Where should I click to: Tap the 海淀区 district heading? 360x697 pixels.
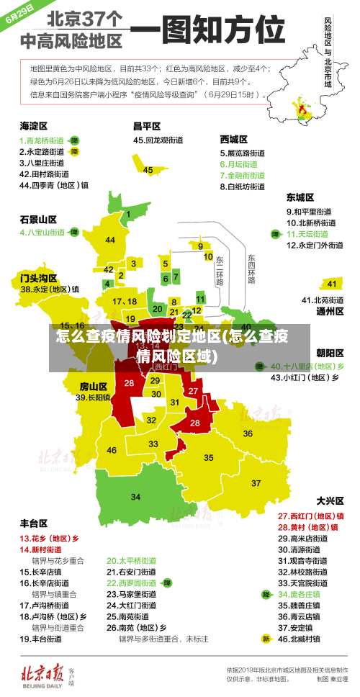coord(33,125)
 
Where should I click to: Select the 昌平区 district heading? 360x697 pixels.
coord(146,125)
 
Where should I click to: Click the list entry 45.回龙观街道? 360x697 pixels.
coord(158,140)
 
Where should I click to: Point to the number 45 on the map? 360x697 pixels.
coord(148,170)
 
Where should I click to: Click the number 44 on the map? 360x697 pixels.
coord(110,240)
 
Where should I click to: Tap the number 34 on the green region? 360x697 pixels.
coord(135,497)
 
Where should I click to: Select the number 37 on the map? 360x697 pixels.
coord(256,482)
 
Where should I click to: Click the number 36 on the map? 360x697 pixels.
coord(248,433)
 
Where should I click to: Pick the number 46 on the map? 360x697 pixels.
coord(112,450)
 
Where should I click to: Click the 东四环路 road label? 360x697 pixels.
coord(251,269)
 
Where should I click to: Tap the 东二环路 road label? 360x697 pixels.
coord(219,270)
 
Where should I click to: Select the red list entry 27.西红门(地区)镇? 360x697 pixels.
coord(310,516)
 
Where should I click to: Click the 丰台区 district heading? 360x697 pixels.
coord(33,523)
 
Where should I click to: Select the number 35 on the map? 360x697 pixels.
coord(209,457)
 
